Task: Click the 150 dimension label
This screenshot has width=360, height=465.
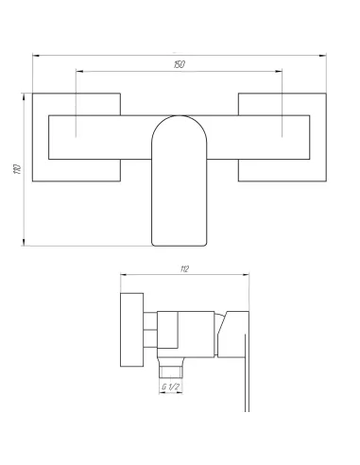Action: coord(180,64)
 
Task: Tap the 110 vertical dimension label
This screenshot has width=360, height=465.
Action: coord(18,169)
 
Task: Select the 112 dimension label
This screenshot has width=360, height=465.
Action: coord(185,269)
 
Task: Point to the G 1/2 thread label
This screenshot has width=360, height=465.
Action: coord(171,387)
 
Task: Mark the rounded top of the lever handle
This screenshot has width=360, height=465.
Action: coord(180,116)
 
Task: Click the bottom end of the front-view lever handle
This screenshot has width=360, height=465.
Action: coord(180,246)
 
